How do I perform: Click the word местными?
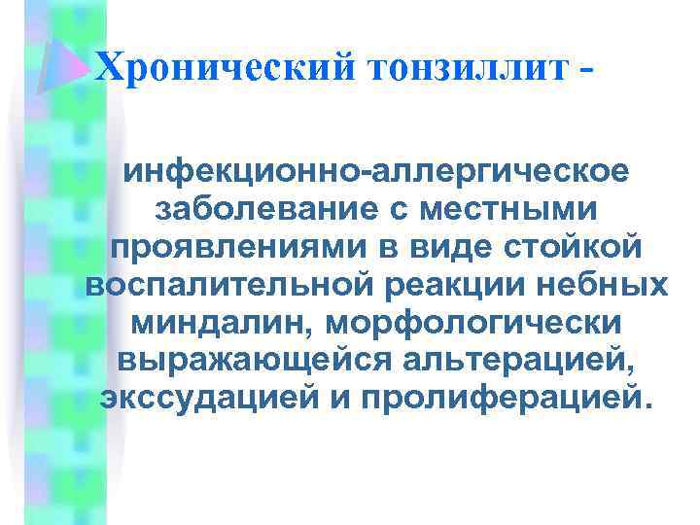tap(512, 211)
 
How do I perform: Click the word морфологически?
tap(482, 322)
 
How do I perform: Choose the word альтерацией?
tap(515, 359)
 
